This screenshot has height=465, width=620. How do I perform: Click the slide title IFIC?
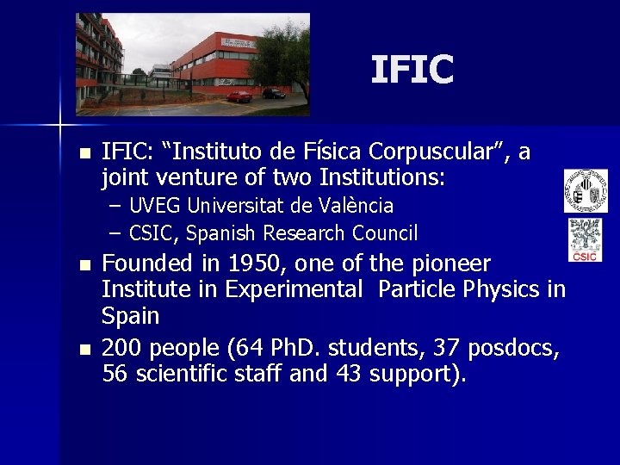click(412, 70)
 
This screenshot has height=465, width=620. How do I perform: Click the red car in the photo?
click(239, 96)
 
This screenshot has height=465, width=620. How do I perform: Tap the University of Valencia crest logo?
click(586, 190)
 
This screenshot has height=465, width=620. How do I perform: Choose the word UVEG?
click(155, 207)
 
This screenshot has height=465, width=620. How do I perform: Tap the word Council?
click(383, 233)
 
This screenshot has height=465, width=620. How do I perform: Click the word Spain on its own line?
click(131, 316)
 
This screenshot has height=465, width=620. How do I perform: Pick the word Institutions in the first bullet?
click(382, 178)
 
